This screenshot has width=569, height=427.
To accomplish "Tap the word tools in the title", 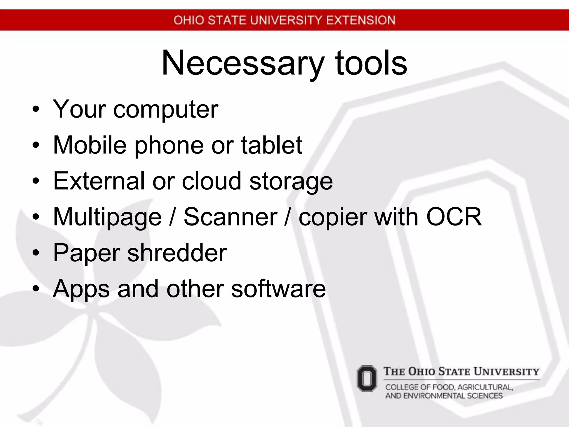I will pyautogui.click(x=371, y=63).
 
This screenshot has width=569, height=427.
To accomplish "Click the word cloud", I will pyautogui.click(x=211, y=181).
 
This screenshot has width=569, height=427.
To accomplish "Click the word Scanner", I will pyautogui.click(x=230, y=217).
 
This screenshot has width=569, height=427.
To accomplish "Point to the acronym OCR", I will pyautogui.click(x=454, y=217).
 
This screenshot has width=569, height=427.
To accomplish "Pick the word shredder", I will pyautogui.click(x=177, y=253).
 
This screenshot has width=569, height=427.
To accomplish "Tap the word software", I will pyautogui.click(x=278, y=289).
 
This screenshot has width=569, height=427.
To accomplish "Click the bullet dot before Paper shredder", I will pyautogui.click(x=36, y=253).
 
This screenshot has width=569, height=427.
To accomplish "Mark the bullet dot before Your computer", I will pyautogui.click(x=36, y=110).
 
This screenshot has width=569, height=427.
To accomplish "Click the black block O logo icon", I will pyautogui.click(x=367, y=379).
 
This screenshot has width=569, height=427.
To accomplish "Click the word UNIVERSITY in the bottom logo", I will pyautogui.click(x=506, y=372).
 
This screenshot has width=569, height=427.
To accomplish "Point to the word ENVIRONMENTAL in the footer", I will pyautogui.click(x=434, y=396).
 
